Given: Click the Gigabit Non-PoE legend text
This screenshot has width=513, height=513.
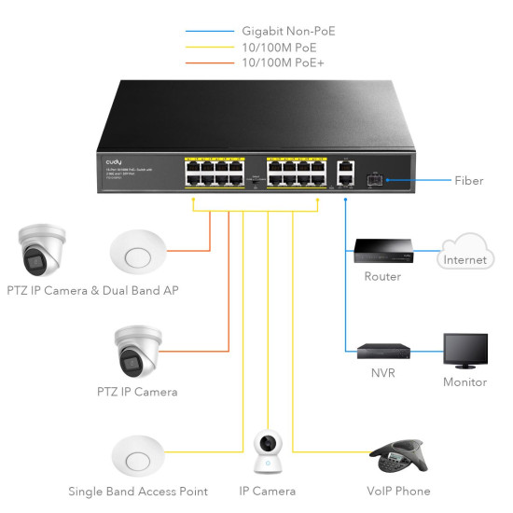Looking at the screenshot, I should point(287,31).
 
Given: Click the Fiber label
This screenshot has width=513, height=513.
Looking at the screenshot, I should point(467,180).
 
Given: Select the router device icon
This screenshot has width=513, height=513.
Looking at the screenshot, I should point(381,251).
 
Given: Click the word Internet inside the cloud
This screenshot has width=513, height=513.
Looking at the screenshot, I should point(464,259).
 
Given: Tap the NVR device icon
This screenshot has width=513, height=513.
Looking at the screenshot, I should point(381,352).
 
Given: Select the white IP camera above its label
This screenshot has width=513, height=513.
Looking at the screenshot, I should point(268,451).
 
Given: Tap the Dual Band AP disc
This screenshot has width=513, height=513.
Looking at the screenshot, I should point(137,251).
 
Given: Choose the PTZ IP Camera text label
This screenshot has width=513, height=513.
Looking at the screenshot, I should point(137,392).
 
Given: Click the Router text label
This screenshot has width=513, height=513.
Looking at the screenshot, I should point(382,277).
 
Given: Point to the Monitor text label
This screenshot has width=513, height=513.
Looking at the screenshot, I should point(464,382).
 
